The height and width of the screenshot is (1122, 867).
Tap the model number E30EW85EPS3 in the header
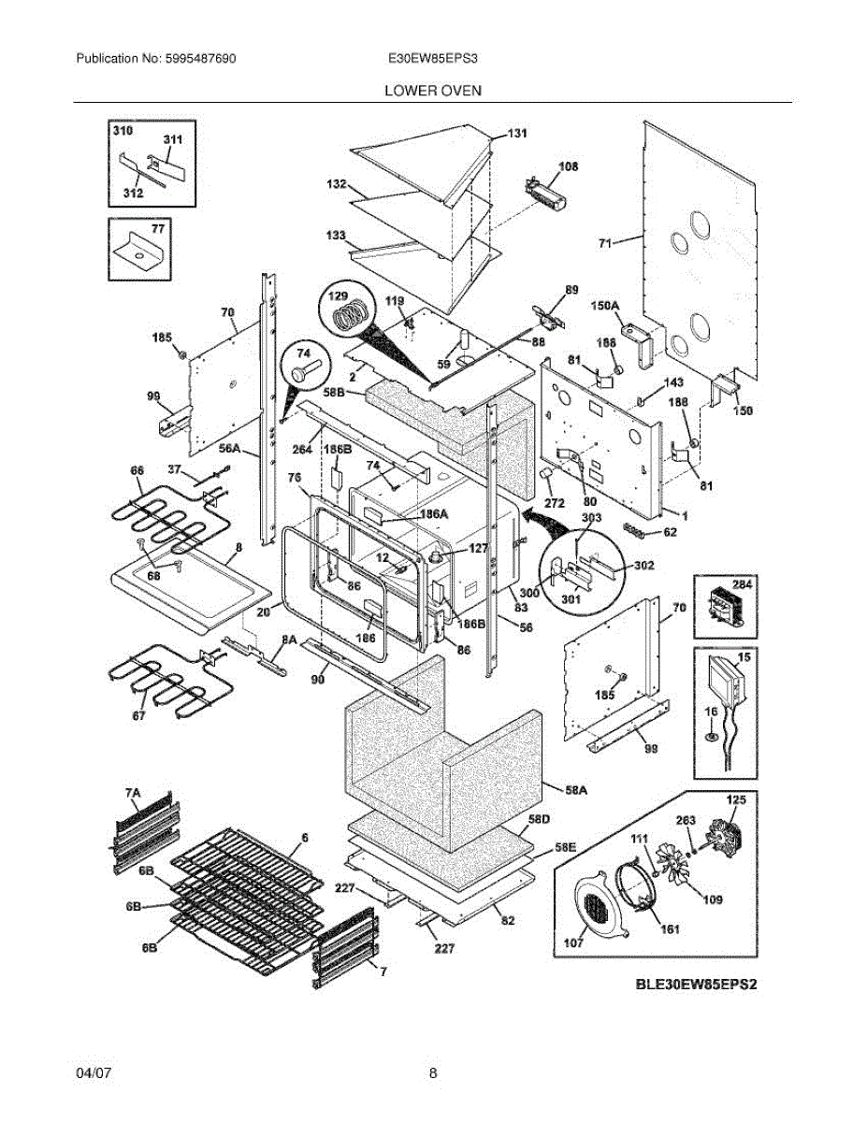[433, 58]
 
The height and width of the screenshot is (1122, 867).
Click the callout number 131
[517, 134]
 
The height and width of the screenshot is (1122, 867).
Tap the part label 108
[568, 166]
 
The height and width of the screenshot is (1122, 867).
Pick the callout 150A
[605, 306]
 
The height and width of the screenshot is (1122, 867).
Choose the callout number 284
[742, 584]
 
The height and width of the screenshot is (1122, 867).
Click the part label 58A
[576, 789]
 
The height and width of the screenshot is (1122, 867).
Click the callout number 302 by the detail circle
[644, 565]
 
